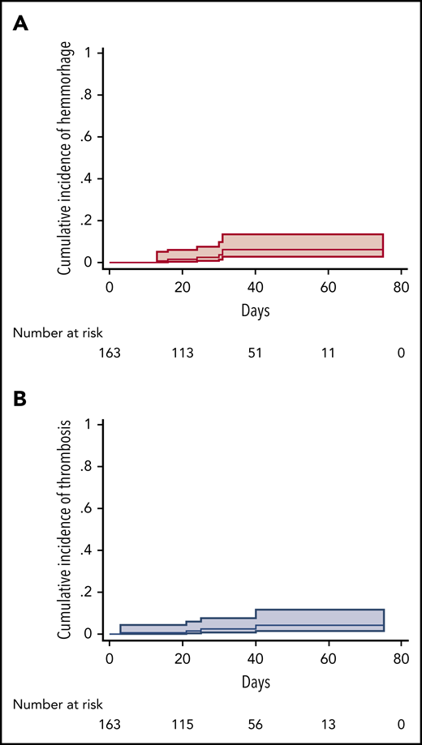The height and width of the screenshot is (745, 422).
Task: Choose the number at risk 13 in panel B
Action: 329,724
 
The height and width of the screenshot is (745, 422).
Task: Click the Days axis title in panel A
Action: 256,310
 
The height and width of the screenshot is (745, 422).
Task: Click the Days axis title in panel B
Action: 256,681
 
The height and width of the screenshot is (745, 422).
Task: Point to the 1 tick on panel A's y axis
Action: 98,54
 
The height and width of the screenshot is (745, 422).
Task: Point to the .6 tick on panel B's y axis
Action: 96,508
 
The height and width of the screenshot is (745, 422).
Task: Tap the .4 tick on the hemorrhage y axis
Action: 96,179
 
